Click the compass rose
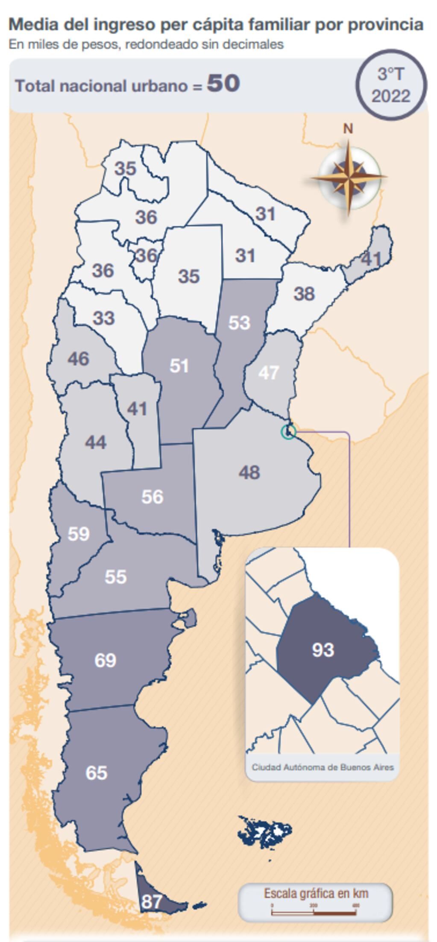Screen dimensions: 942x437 click(349, 177)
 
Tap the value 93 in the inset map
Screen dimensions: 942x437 click(323, 649)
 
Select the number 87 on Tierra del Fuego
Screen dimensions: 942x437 click(152, 901)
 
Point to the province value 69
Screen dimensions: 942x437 click(105, 660)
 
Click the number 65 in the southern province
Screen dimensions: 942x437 click(96, 772)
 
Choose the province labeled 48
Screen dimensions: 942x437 click(249, 472)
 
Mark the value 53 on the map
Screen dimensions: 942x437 click(239, 322)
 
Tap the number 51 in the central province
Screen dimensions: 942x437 click(179, 366)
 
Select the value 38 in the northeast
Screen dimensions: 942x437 click(304, 294)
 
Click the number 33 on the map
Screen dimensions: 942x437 click(104, 318)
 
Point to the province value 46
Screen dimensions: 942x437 click(79, 359)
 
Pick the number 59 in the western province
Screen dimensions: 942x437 click(79, 534)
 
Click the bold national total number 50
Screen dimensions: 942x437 click(223, 83)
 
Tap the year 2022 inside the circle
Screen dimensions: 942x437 click(391, 96)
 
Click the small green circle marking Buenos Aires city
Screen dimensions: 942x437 click(288, 432)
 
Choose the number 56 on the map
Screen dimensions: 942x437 click(153, 497)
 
